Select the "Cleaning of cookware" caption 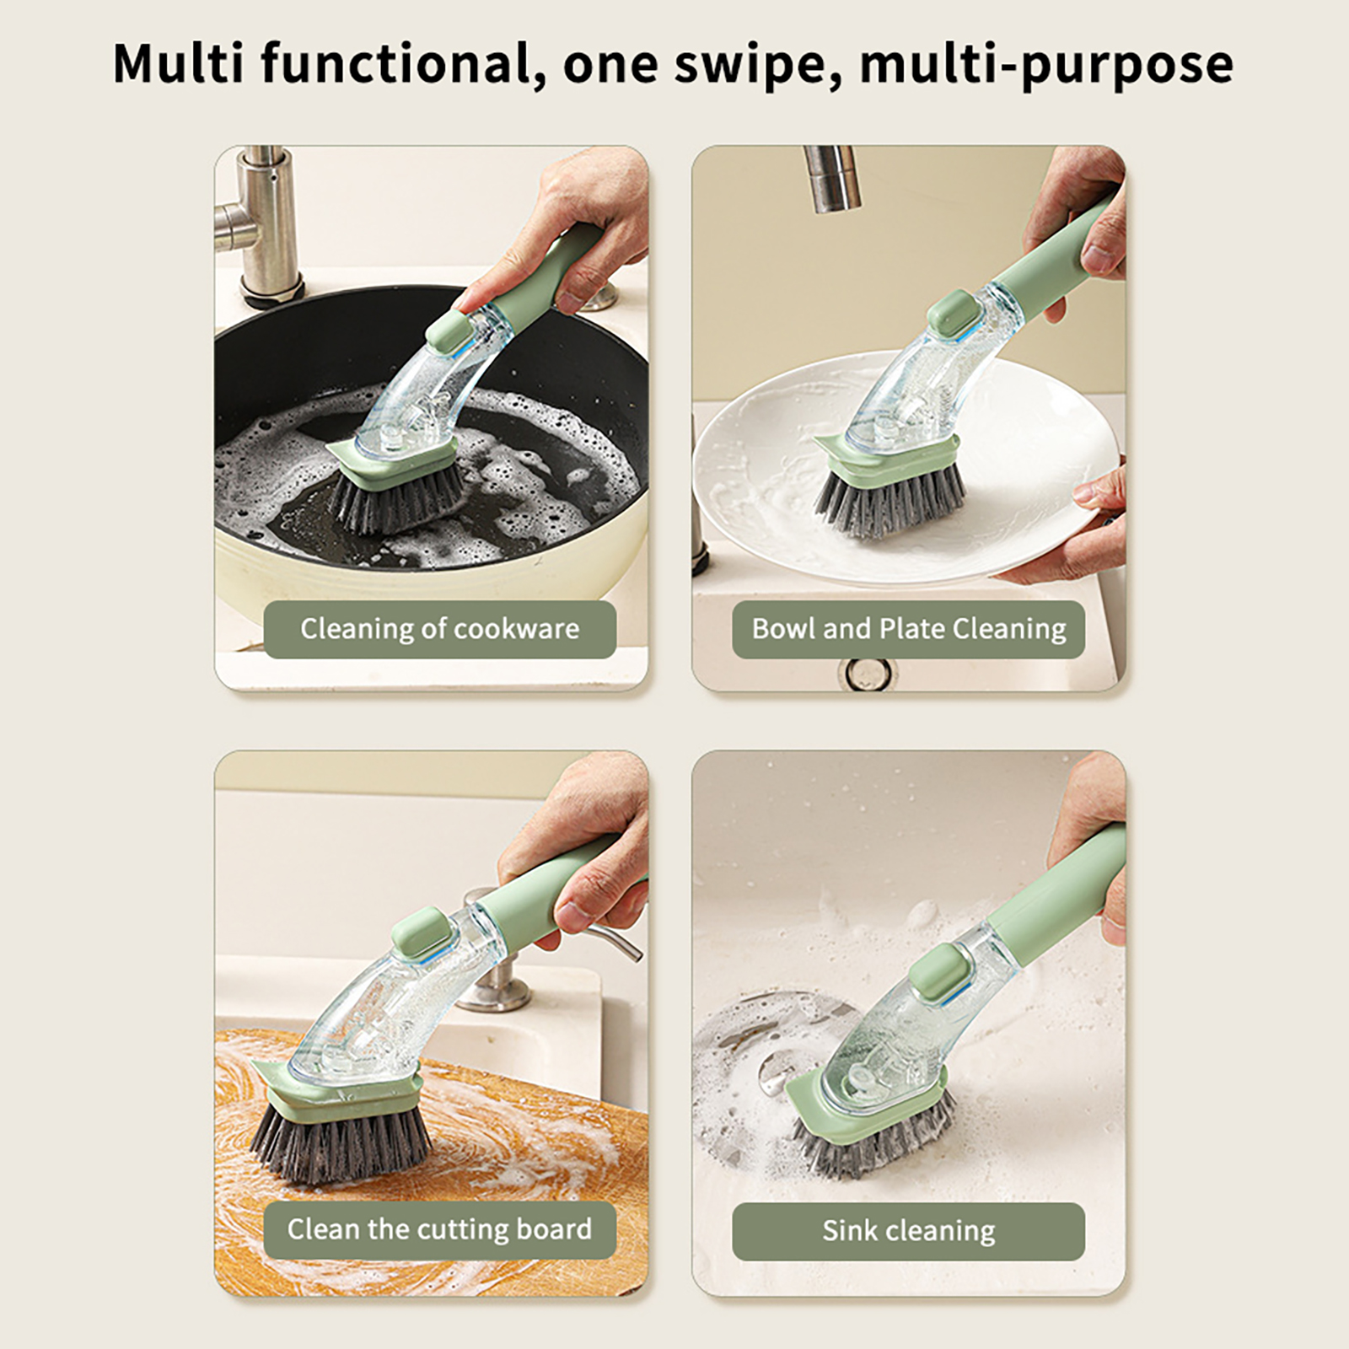(439, 629)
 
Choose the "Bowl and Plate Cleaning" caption (909, 629)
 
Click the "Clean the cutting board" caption (439, 1229)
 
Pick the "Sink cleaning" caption (909, 1231)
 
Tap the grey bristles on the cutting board (341, 1138)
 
